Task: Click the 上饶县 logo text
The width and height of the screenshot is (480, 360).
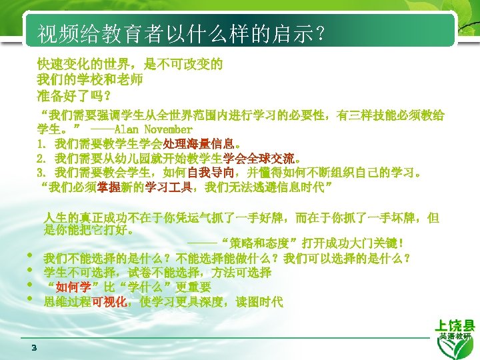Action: pos(455,326)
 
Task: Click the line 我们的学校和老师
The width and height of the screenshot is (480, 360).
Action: pos(90,80)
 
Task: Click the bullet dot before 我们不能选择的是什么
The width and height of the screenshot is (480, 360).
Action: pos(30,256)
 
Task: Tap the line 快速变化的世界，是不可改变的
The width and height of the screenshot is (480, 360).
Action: pos(130,65)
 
